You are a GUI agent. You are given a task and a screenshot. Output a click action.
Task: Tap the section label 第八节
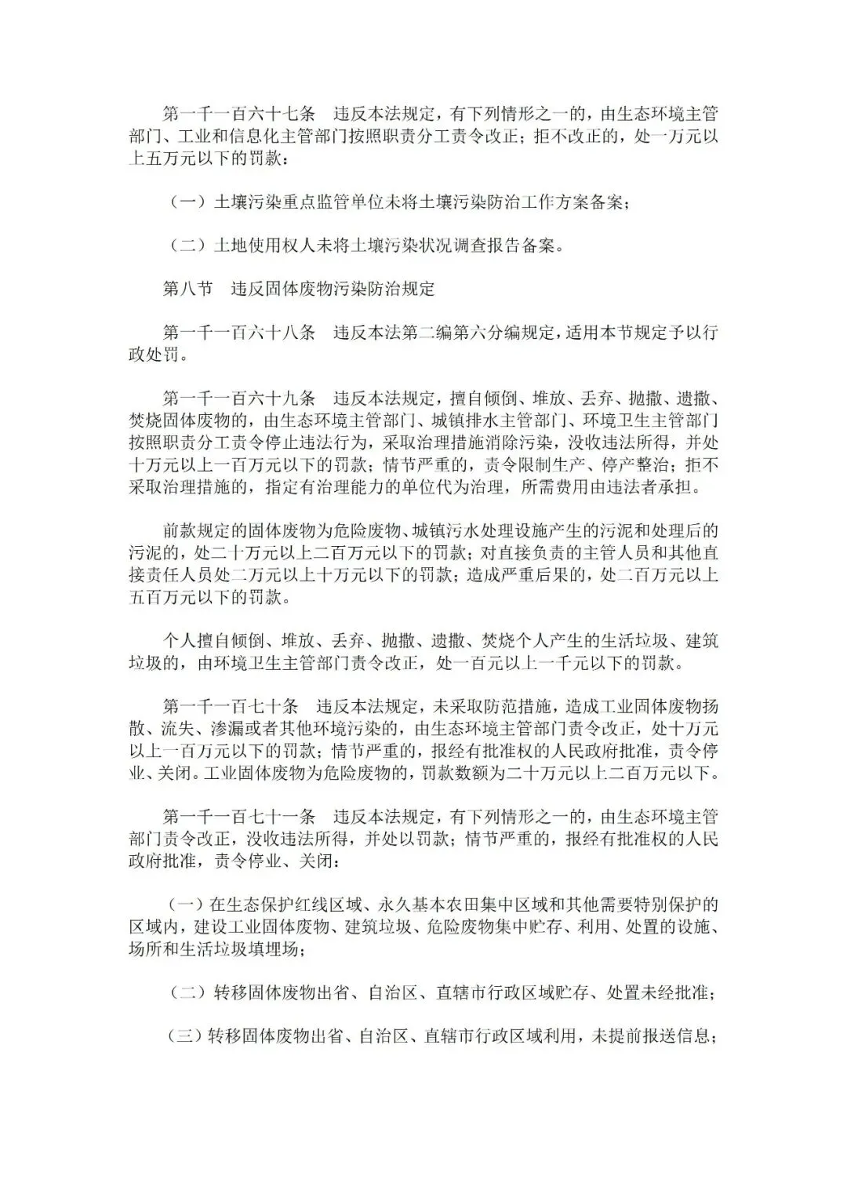pos(187,289)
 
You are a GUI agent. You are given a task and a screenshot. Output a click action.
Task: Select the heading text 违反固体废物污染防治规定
pos(333,289)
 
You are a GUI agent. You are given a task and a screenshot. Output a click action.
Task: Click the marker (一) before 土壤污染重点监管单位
pos(187,202)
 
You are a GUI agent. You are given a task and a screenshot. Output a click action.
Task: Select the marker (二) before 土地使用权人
pos(187,246)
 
